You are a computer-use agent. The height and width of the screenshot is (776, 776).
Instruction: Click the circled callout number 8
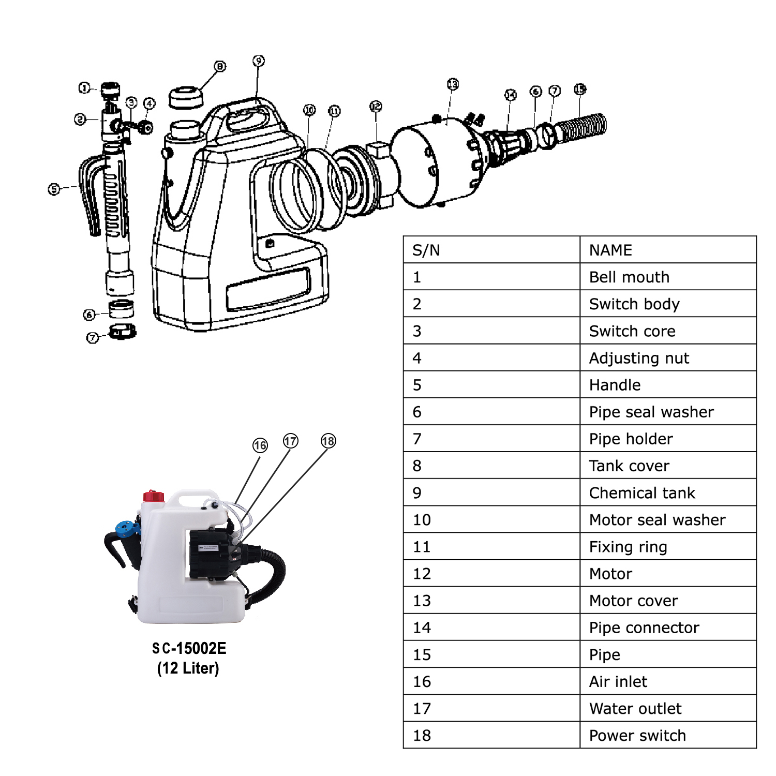[220, 66]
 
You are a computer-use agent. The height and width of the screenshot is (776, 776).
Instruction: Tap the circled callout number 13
[453, 84]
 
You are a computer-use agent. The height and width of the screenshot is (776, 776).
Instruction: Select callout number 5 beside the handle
[54, 189]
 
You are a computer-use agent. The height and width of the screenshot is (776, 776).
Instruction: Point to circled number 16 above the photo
[260, 445]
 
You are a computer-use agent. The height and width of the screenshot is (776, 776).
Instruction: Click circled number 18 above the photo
[329, 441]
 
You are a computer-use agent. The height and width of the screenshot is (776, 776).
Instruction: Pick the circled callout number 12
[376, 107]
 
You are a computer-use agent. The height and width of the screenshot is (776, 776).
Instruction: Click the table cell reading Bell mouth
[629, 277]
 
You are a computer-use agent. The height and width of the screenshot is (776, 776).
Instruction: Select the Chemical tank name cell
[642, 493]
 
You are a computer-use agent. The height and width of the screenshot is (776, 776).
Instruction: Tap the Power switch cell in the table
[637, 735]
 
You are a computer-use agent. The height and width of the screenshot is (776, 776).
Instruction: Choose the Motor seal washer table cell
[657, 520]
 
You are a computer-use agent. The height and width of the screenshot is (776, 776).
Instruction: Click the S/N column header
[426, 250]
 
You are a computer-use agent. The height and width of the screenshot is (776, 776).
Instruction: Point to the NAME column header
[610, 250]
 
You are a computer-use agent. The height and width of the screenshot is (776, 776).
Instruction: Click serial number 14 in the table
[422, 628]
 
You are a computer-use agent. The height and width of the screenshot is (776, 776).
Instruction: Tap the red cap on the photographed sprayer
[154, 496]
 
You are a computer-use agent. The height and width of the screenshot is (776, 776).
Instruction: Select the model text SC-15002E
[189, 648]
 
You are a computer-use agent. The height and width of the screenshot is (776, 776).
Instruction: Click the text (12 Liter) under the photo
[188, 668]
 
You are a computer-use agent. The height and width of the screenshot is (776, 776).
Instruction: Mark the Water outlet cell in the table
[635, 708]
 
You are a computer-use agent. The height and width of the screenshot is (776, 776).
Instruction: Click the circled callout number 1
[84, 88]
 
